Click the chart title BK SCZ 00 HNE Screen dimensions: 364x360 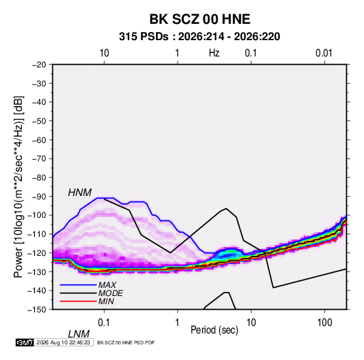tap(199, 19)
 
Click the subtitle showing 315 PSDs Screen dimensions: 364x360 tap(199, 37)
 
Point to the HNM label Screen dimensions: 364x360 tap(80, 193)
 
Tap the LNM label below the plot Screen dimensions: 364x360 tap(78, 334)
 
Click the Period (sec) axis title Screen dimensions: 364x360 tap(214, 330)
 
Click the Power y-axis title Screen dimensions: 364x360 tap(18, 186)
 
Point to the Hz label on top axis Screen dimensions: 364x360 tap(214, 53)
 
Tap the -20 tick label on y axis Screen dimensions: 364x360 tap(39, 65)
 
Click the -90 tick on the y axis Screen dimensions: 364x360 tap(39, 197)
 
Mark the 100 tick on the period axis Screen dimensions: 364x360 tap(325, 323)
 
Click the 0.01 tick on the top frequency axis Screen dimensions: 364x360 tap(324, 53)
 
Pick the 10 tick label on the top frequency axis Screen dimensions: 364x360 tap(104, 53)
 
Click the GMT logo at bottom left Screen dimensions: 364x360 tap(24, 342)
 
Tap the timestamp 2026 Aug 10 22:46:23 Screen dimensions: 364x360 tap(63, 342)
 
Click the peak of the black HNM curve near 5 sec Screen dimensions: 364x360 tap(226, 208)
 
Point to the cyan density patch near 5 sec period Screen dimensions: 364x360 tap(228, 255)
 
